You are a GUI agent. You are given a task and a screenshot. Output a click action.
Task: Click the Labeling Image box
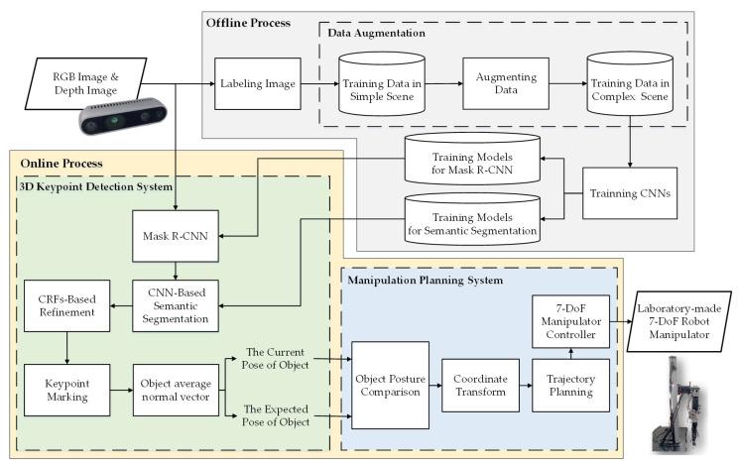(258, 84)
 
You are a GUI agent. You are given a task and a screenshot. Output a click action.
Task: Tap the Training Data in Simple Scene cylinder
(379, 85)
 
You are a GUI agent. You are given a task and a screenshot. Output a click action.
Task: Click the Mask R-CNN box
(175, 238)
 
